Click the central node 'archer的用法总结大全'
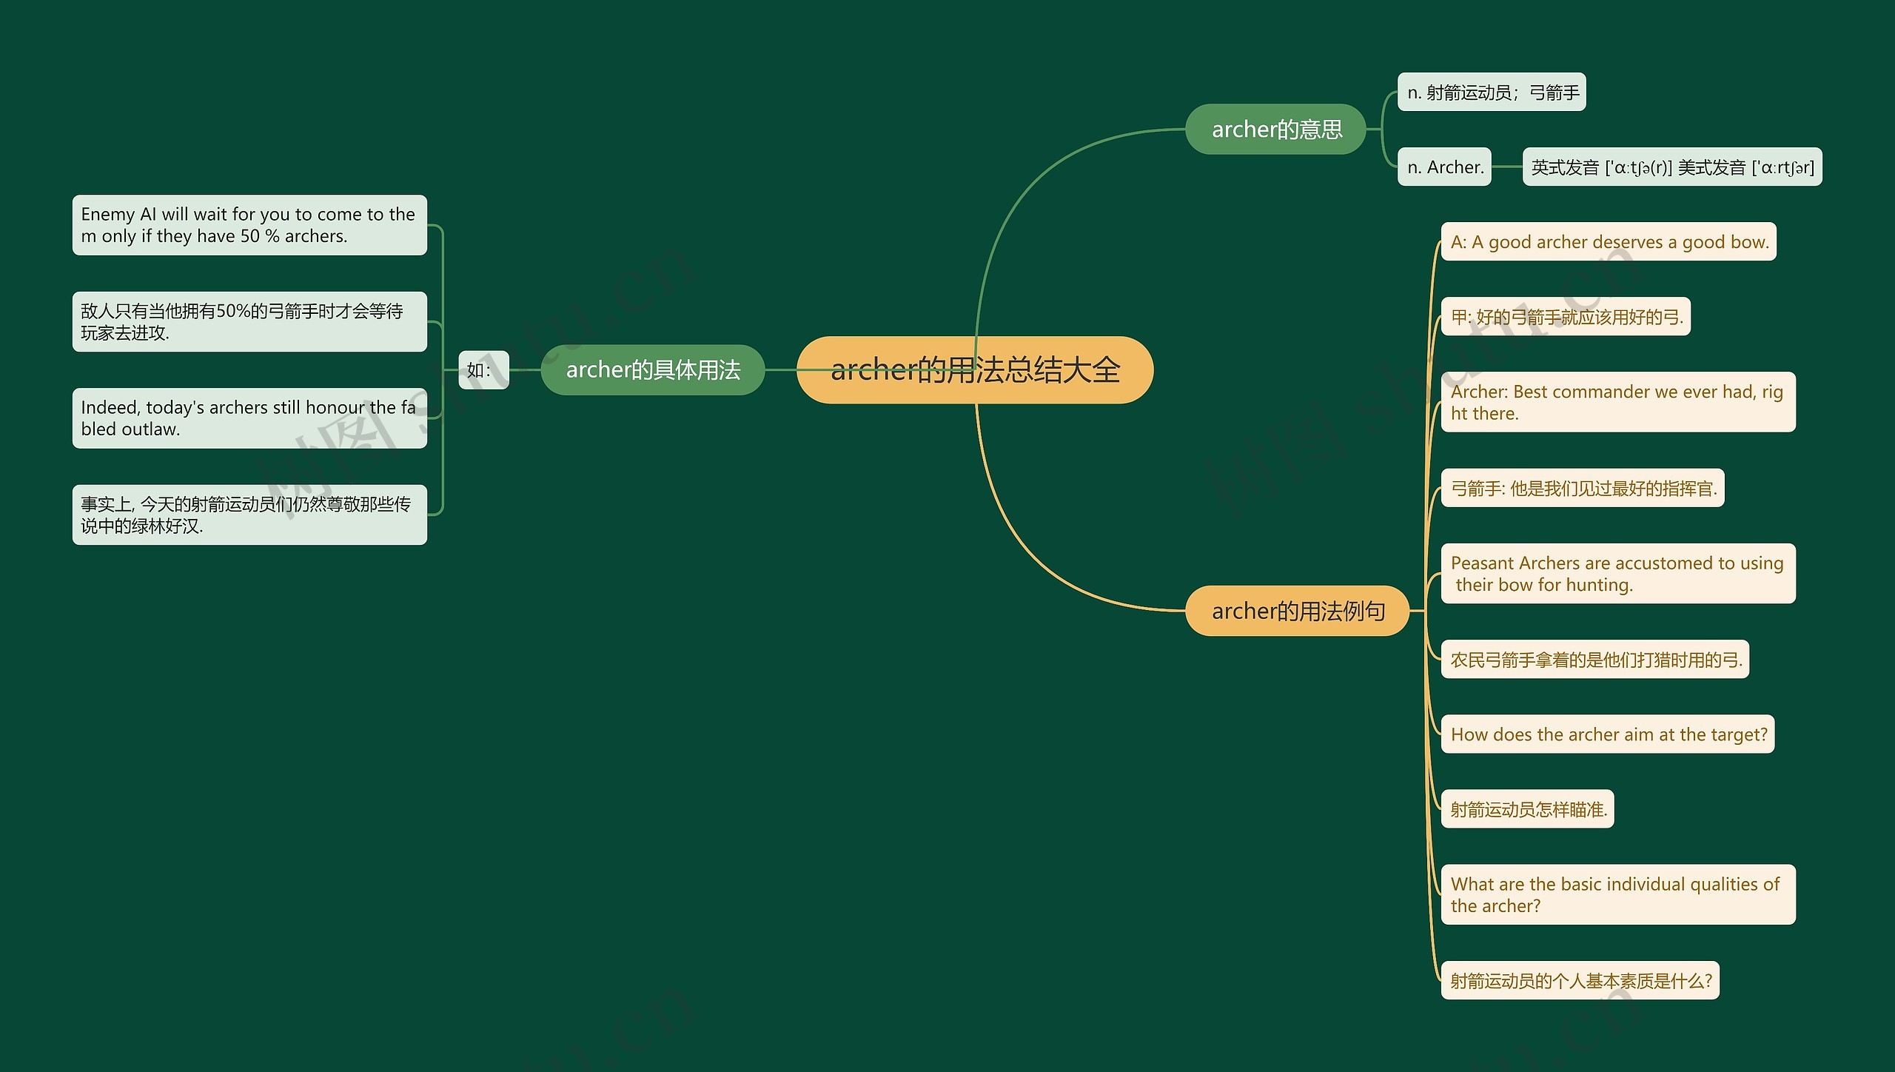pos(974,369)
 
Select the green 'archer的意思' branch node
pos(1275,130)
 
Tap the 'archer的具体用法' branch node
pos(652,369)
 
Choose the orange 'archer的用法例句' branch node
pos(1297,611)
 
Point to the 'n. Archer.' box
pos(1443,167)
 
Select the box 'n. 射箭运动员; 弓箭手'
pos(1491,93)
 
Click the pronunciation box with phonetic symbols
pos(1671,167)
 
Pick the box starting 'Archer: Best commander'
pos(1617,402)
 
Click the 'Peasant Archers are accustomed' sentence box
pos(1617,574)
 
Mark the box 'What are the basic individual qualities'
pos(1617,894)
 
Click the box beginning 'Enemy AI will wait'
pos(249,225)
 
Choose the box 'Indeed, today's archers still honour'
pos(249,418)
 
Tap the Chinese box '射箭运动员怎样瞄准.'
pos(1527,809)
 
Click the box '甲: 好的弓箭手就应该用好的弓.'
pos(1566,317)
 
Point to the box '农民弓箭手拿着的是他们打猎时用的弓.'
pos(1594,660)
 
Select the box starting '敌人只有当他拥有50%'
pos(249,322)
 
